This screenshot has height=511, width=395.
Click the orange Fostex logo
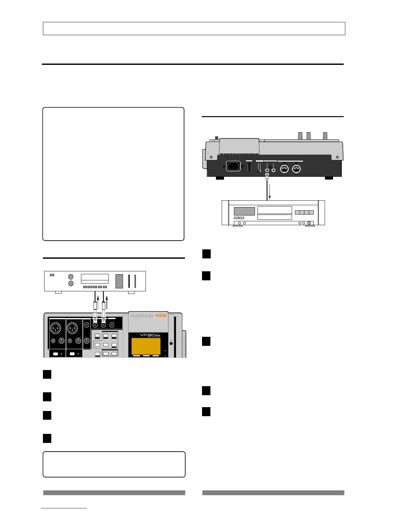(161, 316)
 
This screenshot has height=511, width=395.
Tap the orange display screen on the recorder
(146, 346)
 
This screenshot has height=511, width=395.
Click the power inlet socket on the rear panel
(233, 167)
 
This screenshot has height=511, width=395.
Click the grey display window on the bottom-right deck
(244, 211)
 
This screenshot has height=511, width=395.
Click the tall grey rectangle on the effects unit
(119, 281)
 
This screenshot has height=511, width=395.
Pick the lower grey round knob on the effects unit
(71, 283)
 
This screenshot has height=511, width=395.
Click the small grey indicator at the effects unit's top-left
(52, 275)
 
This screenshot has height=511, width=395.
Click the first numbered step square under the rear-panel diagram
(207, 254)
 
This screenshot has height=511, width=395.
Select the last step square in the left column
(47, 438)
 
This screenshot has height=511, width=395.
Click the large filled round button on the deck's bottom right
(310, 223)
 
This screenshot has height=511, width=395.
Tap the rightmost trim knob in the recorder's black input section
(87, 340)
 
